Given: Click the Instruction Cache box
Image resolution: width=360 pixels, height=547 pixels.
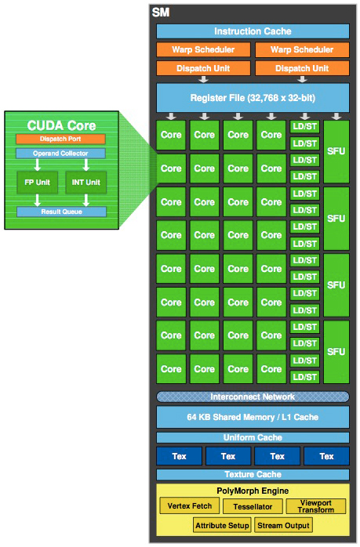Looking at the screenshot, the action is pos(253,31).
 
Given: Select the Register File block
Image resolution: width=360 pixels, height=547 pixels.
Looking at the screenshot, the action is pos(253,98).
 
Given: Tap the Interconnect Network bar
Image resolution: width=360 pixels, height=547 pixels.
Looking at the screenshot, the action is pos(253,397).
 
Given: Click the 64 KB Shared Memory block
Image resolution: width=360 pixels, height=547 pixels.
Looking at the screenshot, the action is pos(253,417).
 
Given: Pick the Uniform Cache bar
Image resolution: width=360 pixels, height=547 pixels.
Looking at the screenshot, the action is pos(253,437).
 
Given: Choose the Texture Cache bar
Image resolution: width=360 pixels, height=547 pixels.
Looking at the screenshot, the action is pos(253,474).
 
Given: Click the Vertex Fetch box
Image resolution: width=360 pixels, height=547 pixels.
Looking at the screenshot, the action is pos(190,505).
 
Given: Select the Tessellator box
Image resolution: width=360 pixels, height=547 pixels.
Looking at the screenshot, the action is pos(253,506).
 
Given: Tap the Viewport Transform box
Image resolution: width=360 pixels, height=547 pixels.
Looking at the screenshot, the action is pos(315,506).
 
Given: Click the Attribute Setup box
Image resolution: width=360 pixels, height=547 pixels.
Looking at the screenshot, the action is pos(222,525).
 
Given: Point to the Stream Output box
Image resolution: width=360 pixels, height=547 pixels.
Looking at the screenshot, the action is pos(283,525).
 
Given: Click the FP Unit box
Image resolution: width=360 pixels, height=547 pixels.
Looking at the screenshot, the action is pos(38,182).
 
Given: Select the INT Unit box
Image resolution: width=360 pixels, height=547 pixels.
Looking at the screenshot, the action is pos(86,182).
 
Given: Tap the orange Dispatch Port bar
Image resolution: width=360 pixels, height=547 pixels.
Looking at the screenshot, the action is pos(60,139).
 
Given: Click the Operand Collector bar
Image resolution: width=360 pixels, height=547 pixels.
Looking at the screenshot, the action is pos(60,153).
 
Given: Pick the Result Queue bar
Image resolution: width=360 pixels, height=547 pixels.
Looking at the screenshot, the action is pos(61,212).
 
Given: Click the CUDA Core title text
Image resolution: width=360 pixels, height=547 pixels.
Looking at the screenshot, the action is pos(61,125).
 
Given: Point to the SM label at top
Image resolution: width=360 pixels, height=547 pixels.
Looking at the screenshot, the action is pos(161,13).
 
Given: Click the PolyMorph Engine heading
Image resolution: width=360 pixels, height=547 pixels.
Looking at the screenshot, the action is pos(253,491).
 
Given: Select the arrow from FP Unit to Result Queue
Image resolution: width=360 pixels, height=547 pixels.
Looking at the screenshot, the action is pos(38,201).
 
